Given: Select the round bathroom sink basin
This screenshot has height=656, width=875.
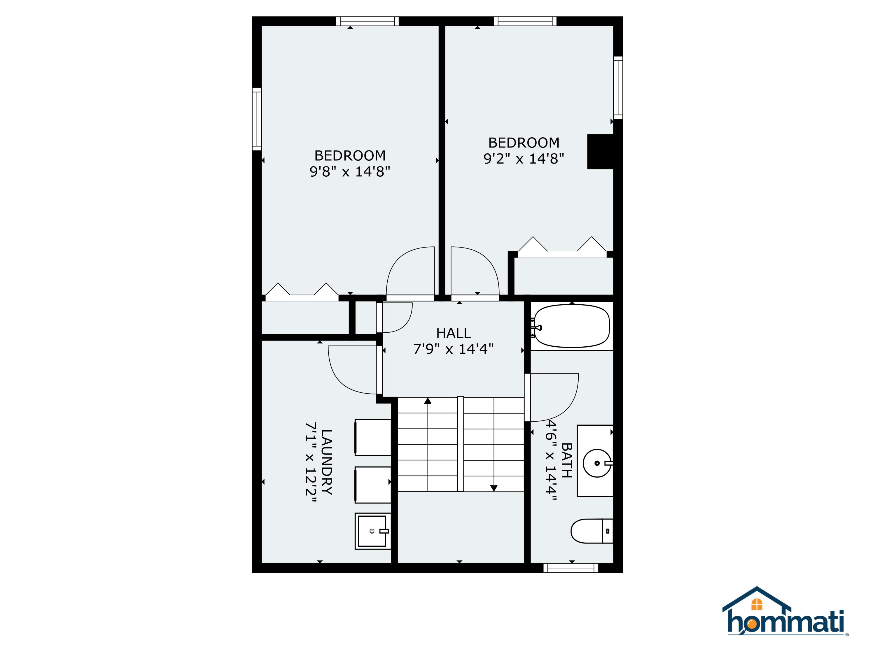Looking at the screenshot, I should click(596, 463).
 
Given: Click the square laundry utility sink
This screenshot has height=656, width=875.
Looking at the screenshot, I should click(372, 531).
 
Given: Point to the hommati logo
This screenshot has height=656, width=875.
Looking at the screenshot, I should click(785, 613).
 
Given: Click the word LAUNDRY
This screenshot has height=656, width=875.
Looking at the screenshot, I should click(326, 462).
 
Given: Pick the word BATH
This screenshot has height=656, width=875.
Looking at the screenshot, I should click(566, 460).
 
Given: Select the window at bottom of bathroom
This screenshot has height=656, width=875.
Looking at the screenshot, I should click(570, 568).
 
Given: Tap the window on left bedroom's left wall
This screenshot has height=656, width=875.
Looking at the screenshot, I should click(257, 119).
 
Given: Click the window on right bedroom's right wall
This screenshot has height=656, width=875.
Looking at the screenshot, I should click(618, 87).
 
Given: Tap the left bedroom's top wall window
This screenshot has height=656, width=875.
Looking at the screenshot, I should click(367, 21).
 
